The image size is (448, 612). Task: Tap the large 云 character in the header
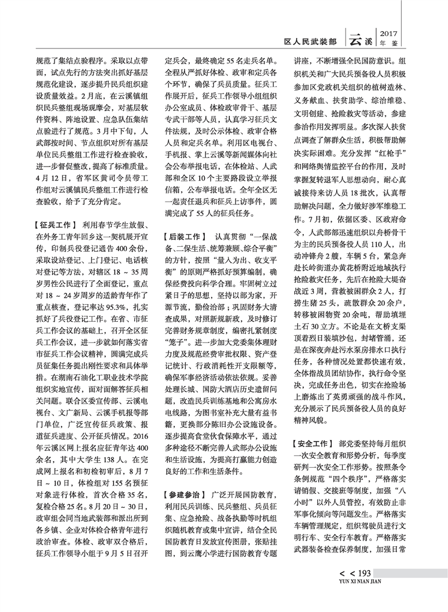357,38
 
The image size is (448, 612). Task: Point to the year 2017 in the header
389,34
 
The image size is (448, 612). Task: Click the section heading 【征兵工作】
50,225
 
